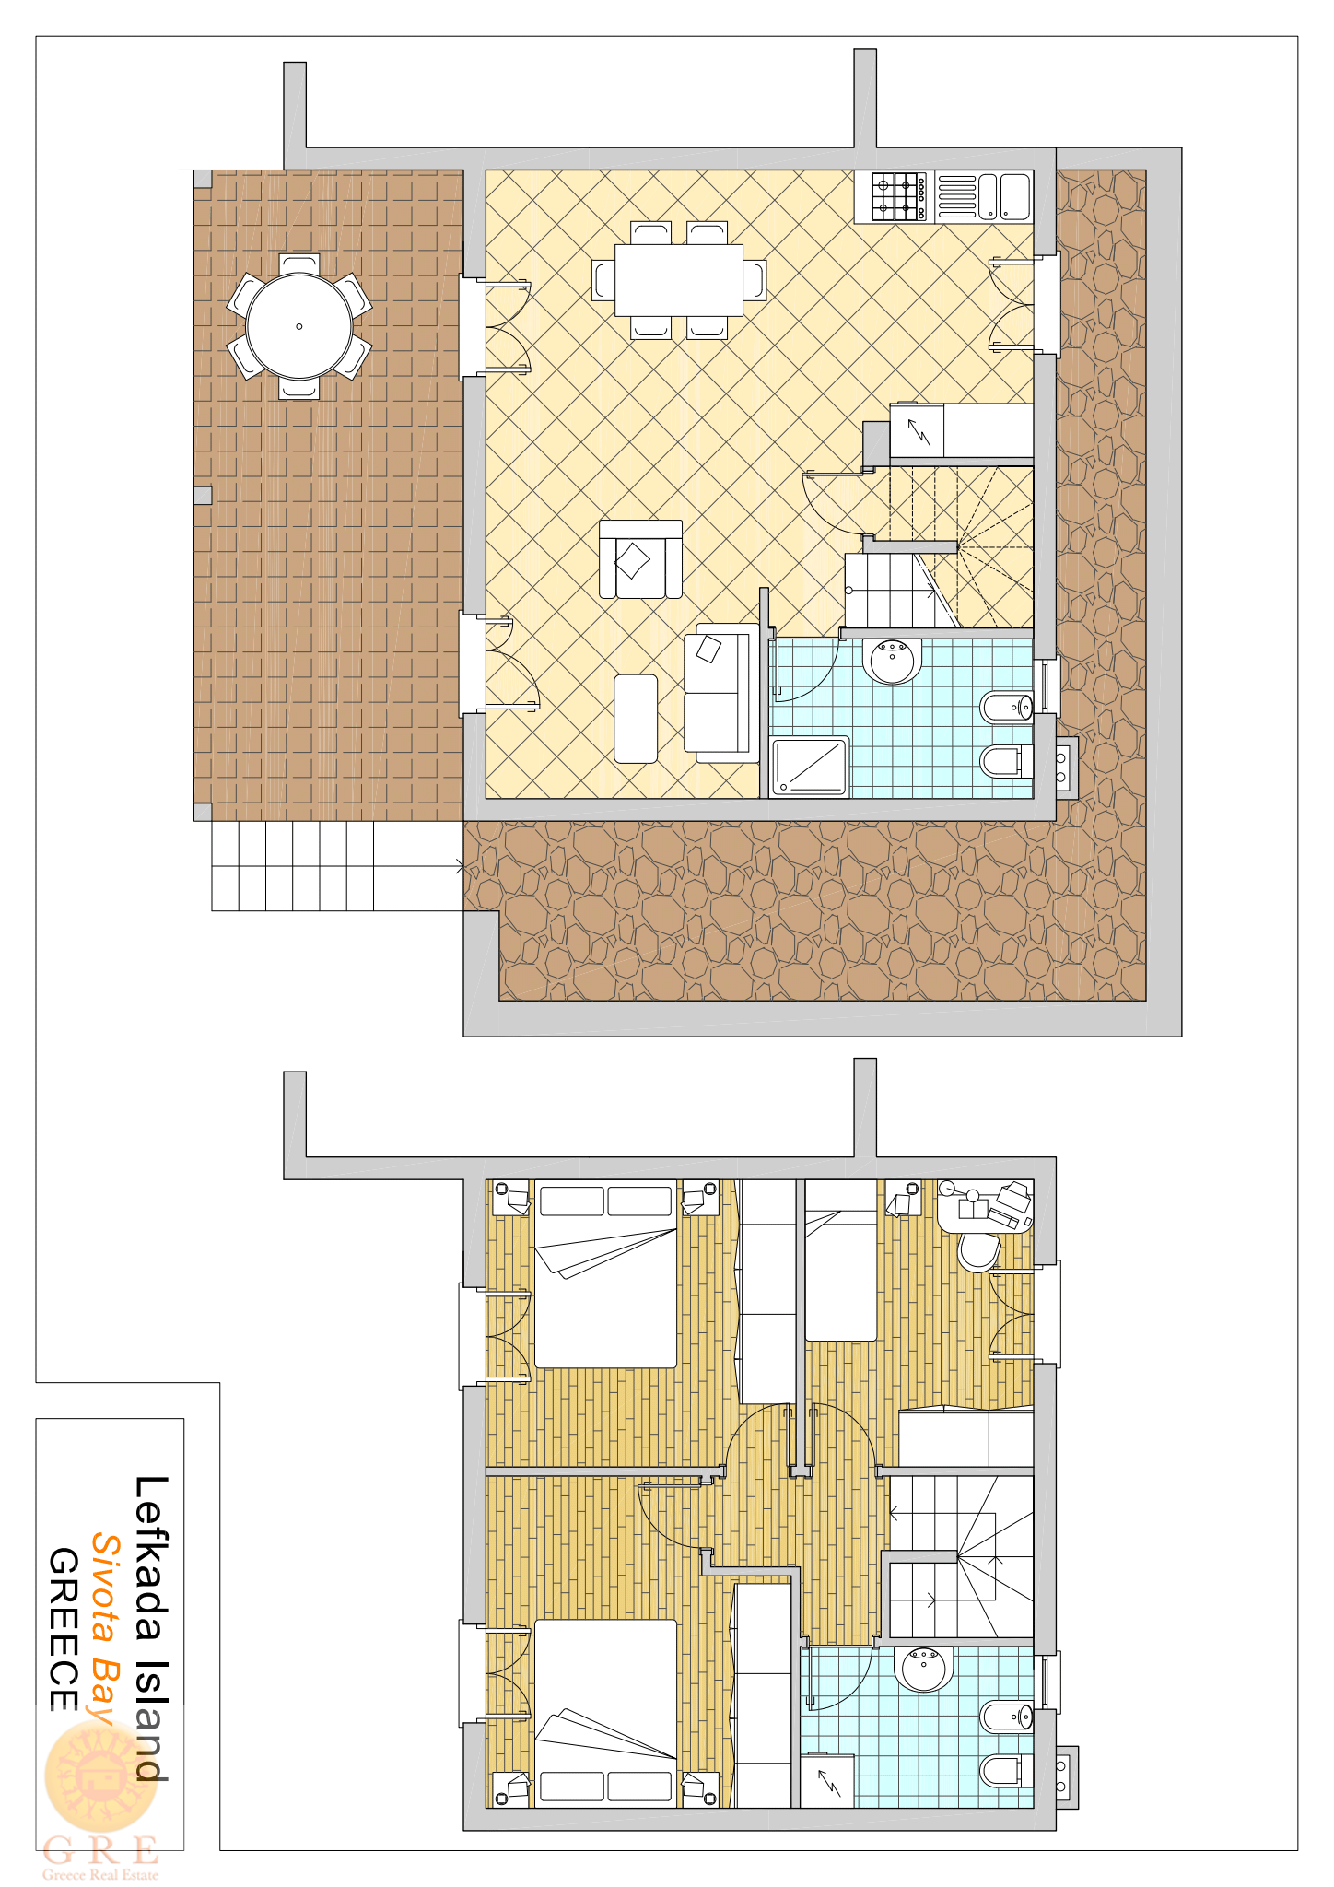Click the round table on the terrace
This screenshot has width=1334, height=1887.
click(299, 326)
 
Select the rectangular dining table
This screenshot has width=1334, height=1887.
click(679, 280)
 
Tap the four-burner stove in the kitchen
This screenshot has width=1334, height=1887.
click(898, 197)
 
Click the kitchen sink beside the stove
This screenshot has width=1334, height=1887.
click(983, 197)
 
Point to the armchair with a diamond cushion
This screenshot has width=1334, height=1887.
click(640, 559)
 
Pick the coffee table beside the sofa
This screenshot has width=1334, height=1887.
click(636, 719)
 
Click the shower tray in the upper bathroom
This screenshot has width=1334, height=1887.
click(810, 766)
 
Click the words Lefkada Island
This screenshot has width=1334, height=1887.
click(151, 1628)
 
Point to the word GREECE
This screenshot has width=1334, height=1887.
click(63, 1629)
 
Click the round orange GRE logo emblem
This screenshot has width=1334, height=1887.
click(101, 1776)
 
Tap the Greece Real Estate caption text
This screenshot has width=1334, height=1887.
click(100, 1874)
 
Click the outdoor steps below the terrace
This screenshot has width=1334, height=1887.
click(293, 866)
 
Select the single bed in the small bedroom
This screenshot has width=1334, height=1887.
click(840, 1260)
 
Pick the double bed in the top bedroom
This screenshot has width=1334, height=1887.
click(605, 1274)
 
